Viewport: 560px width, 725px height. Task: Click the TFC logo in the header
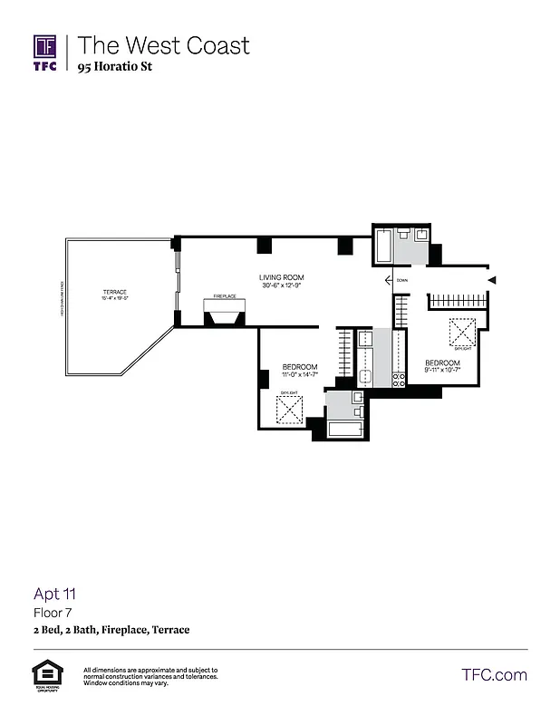click(x=45, y=53)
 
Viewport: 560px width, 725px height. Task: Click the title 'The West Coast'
click(x=163, y=45)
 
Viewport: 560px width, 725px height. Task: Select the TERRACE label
click(x=114, y=291)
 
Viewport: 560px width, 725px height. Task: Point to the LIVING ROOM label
click(x=282, y=277)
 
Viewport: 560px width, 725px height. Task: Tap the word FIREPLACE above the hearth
click(x=225, y=296)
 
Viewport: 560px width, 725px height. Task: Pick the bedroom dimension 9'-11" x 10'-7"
click(x=443, y=369)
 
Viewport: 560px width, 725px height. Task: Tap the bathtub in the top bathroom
click(x=384, y=246)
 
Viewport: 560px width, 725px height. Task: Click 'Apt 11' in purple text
click(x=54, y=594)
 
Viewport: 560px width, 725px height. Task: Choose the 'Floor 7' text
click(x=51, y=613)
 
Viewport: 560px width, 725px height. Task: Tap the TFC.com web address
click(x=494, y=674)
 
